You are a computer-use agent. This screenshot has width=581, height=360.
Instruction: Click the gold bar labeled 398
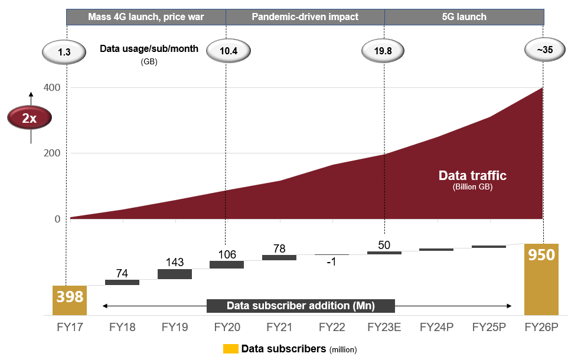(70, 300)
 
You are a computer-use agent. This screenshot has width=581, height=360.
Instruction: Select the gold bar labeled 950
(541, 279)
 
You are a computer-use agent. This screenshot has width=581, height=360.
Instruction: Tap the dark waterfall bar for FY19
(175, 274)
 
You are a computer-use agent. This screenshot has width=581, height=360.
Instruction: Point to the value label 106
(227, 254)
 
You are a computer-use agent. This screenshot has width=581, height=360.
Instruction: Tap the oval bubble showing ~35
(544, 50)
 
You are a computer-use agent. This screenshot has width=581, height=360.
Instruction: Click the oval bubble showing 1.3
(64, 52)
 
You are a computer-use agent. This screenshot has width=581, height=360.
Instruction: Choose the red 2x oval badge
(30, 118)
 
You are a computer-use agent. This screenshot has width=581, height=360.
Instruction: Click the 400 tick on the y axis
(53, 88)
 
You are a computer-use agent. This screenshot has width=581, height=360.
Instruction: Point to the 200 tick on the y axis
(53, 153)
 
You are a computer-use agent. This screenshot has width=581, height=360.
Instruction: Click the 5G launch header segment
(464, 17)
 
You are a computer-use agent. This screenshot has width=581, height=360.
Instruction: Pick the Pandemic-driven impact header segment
(305, 17)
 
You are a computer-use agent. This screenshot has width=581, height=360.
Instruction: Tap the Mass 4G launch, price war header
(146, 17)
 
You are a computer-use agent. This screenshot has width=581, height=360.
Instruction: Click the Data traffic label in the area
(472, 176)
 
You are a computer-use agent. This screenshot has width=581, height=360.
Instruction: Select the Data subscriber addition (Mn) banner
(301, 306)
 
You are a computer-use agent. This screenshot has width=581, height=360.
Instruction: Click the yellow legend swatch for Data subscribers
(230, 349)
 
